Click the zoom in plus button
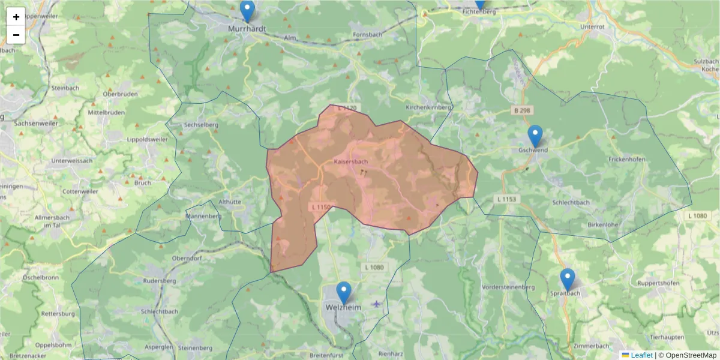click(x=16, y=17)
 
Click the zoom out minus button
click(x=16, y=35)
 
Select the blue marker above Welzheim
click(x=344, y=293)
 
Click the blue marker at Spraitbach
click(x=568, y=280)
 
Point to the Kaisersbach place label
click(x=351, y=162)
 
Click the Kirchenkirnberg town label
click(x=428, y=107)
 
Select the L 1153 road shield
click(x=508, y=199)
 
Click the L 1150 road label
click(x=321, y=207)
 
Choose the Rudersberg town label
click(x=160, y=281)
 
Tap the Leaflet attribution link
click(x=641, y=355)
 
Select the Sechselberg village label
click(x=201, y=125)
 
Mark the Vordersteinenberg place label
click(x=508, y=287)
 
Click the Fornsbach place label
click(x=368, y=35)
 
